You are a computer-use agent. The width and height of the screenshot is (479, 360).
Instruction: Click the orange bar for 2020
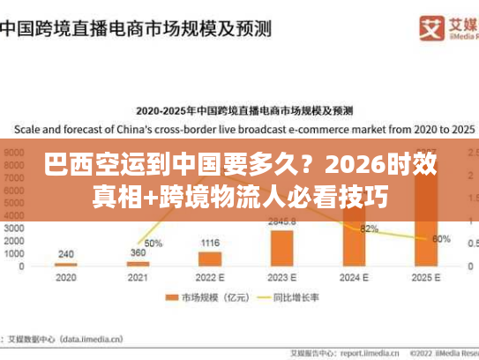66,264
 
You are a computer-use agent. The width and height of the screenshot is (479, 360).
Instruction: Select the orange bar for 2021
138,263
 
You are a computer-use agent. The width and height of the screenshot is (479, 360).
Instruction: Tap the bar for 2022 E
210,259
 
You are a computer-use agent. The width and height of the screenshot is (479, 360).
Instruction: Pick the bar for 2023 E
282,247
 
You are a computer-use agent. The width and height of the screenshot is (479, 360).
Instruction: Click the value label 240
66,253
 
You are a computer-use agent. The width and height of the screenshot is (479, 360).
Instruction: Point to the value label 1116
210,243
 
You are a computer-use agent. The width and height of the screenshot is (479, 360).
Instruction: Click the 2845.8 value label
282,221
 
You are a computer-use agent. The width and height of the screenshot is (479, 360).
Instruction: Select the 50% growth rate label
153,243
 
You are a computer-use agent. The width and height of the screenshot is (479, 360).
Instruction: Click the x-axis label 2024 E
354,276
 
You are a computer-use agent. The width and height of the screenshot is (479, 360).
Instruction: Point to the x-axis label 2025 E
426,276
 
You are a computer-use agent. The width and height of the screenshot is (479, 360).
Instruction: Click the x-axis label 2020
66,276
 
